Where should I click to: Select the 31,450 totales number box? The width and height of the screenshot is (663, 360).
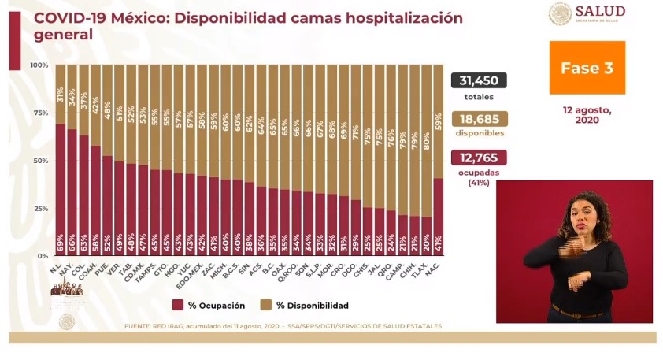(x=479, y=81)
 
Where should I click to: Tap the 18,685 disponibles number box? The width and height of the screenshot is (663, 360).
(x=479, y=119)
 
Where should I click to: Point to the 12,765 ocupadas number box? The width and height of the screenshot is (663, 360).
(x=479, y=157)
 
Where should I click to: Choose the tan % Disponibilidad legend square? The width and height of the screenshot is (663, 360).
(x=266, y=305)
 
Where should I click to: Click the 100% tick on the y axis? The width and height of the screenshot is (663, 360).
(x=39, y=65)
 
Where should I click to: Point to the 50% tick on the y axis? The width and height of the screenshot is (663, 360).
(x=39, y=161)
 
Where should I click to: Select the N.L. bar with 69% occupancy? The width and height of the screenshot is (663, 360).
(x=61, y=189)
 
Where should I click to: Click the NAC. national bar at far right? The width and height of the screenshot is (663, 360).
(x=438, y=217)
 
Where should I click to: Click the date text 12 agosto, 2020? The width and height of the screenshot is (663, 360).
(x=587, y=114)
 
